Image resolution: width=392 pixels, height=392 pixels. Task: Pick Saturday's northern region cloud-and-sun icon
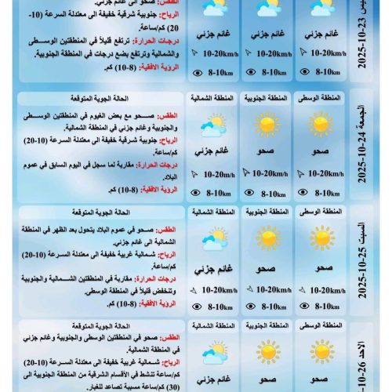pos(213,239)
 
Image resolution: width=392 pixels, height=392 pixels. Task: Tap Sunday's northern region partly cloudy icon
pos(213,351)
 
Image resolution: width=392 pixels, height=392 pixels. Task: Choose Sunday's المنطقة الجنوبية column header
pos(267,325)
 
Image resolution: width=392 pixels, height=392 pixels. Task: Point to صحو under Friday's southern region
pos(267,151)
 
